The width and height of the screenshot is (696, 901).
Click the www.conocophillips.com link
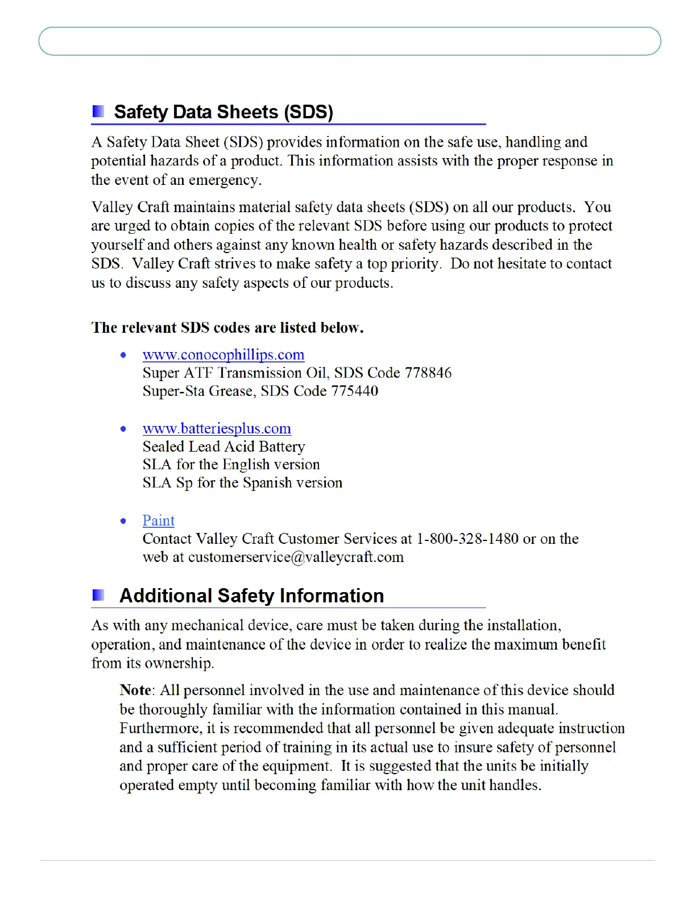223,355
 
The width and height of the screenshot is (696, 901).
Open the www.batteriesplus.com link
217,428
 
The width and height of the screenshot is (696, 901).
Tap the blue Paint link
159,520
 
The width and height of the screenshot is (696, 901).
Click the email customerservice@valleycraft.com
296,557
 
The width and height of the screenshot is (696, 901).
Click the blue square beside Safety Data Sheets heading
98,111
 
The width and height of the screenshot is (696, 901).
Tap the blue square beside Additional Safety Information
98,595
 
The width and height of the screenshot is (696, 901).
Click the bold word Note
135,690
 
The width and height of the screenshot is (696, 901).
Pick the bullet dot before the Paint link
123,520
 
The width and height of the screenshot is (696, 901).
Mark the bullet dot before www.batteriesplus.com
123,428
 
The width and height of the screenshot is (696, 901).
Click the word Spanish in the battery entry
267,483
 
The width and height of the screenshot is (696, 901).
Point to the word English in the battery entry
246,465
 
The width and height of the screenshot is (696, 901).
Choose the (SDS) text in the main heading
308,111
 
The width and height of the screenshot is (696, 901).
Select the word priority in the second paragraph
416,264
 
